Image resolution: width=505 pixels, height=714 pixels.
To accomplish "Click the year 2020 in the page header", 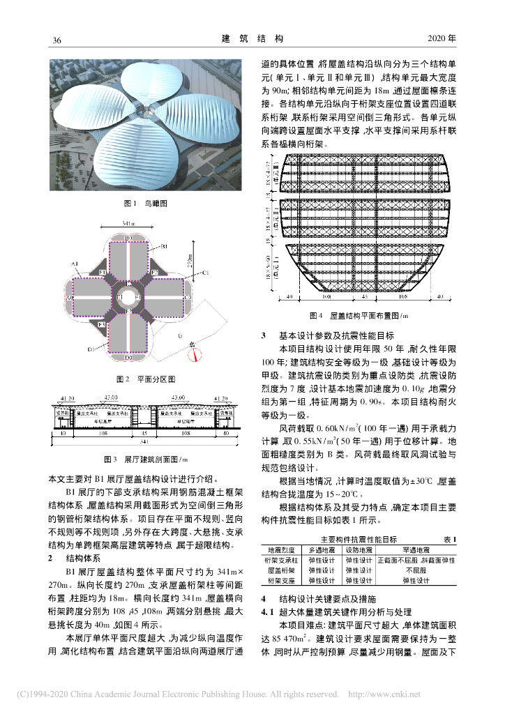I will (x=441, y=38).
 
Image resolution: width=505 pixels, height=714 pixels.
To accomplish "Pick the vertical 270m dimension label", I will (x=190, y=261).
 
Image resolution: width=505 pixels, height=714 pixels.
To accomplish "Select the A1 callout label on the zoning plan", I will (x=75, y=264).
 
